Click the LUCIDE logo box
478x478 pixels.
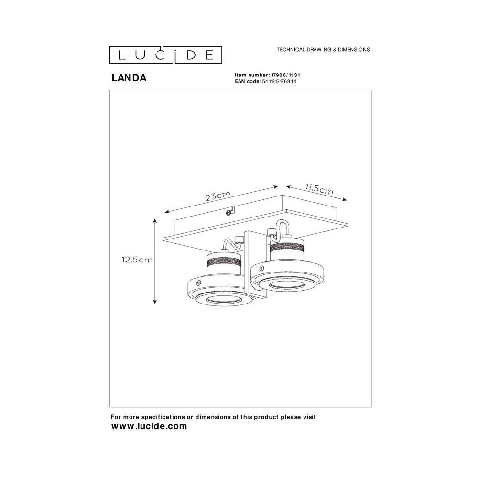tap(165, 55)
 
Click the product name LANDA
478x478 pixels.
tap(129, 78)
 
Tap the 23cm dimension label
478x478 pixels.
tap(218, 196)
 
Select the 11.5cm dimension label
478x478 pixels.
tap(319, 189)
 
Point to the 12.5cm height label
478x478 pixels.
tap(137, 260)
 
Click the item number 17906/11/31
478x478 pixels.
tap(286, 75)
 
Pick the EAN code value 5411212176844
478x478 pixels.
tap(279, 81)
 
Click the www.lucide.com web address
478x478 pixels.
tap(149, 426)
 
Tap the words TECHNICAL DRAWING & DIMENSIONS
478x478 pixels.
tap(323, 49)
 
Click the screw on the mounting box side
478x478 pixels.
tap(228, 213)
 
